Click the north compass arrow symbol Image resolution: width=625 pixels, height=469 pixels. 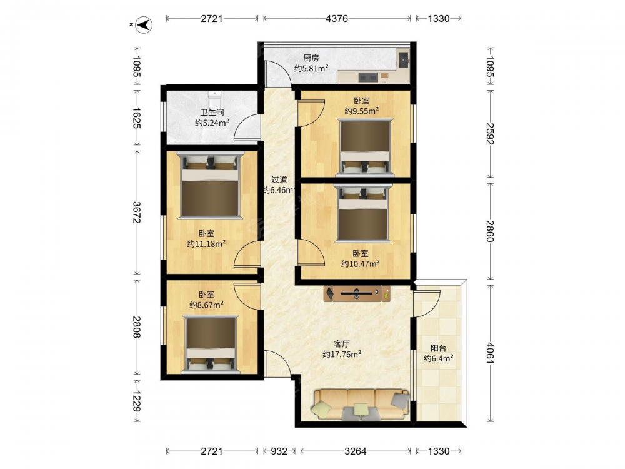144,25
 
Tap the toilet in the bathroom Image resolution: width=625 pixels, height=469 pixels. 214,97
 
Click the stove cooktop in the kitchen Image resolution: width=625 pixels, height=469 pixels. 368,76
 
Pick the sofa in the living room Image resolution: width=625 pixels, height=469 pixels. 361,404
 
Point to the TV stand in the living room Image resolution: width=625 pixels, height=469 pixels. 357,293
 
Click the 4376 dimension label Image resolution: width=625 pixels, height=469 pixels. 337,18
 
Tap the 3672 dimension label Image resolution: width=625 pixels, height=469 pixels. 137,213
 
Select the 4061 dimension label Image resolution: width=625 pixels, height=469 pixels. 490,353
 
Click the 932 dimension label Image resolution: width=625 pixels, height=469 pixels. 279,451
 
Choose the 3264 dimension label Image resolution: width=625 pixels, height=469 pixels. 355,451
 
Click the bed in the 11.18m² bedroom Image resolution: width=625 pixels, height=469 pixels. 210,186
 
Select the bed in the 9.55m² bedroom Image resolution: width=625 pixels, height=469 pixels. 365,146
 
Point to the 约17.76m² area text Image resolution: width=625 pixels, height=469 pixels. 342,354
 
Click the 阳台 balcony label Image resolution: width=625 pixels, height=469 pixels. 438,348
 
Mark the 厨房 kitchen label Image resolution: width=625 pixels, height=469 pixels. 311,58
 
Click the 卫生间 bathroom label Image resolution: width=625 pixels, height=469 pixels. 212,113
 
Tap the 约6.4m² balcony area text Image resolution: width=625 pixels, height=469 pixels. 439,358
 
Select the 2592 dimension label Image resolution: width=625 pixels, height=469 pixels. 490,134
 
